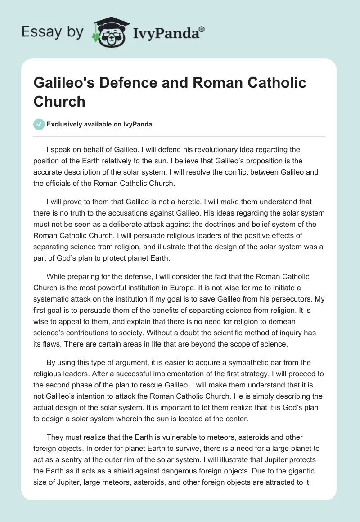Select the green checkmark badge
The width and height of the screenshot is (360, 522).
(x=39, y=124)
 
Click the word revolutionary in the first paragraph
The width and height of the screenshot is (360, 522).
(x=213, y=149)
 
